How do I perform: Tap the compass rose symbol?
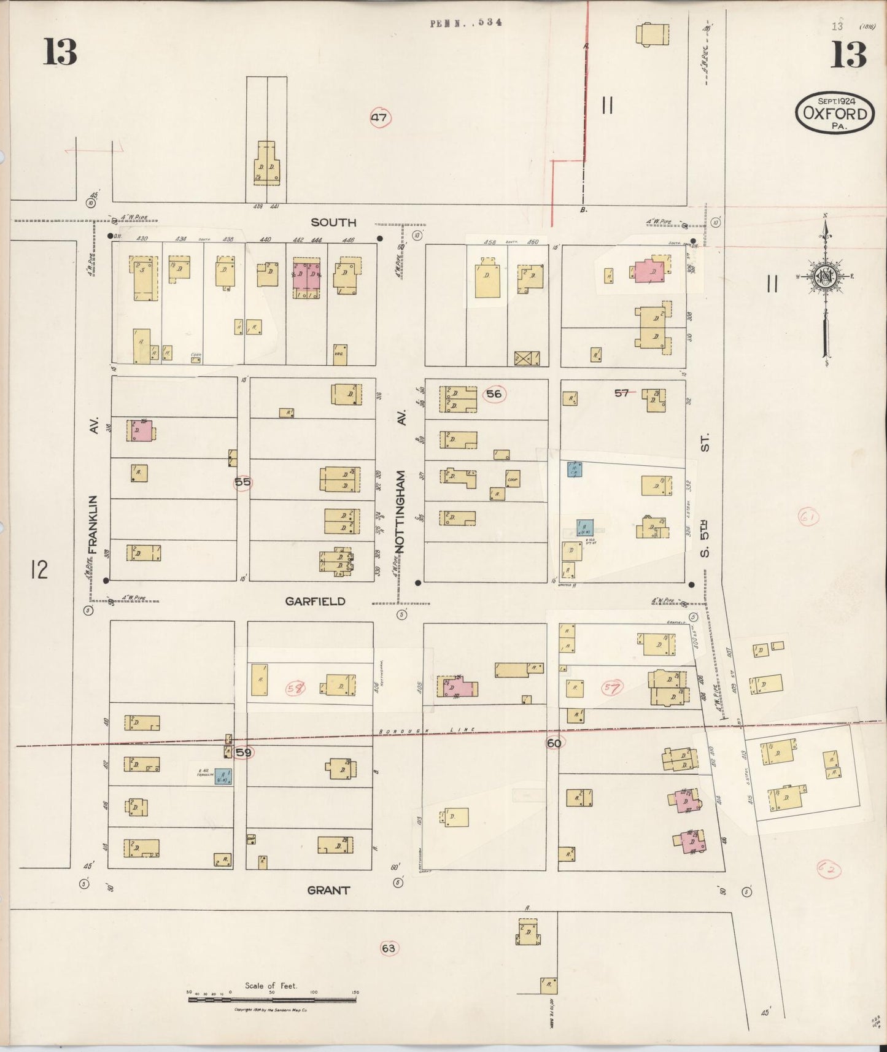pyautogui.click(x=824, y=276)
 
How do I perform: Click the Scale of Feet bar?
pyautogui.click(x=272, y=999)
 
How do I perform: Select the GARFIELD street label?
pyautogui.click(x=315, y=601)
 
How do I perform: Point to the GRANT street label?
pyautogui.click(x=328, y=890)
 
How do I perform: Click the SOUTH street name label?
pyautogui.click(x=333, y=222)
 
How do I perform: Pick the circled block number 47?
pyautogui.click(x=380, y=117)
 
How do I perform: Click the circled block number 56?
pyautogui.click(x=494, y=394)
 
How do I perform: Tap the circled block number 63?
pyautogui.click(x=388, y=948)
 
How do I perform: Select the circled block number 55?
pyautogui.click(x=242, y=482)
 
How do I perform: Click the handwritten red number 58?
pyautogui.click(x=295, y=688)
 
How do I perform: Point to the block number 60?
pyautogui.click(x=554, y=743)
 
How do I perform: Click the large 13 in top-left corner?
pyautogui.click(x=60, y=52)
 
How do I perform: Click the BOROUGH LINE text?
pyautogui.click(x=427, y=730)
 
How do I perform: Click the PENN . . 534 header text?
pyautogui.click(x=466, y=23)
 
